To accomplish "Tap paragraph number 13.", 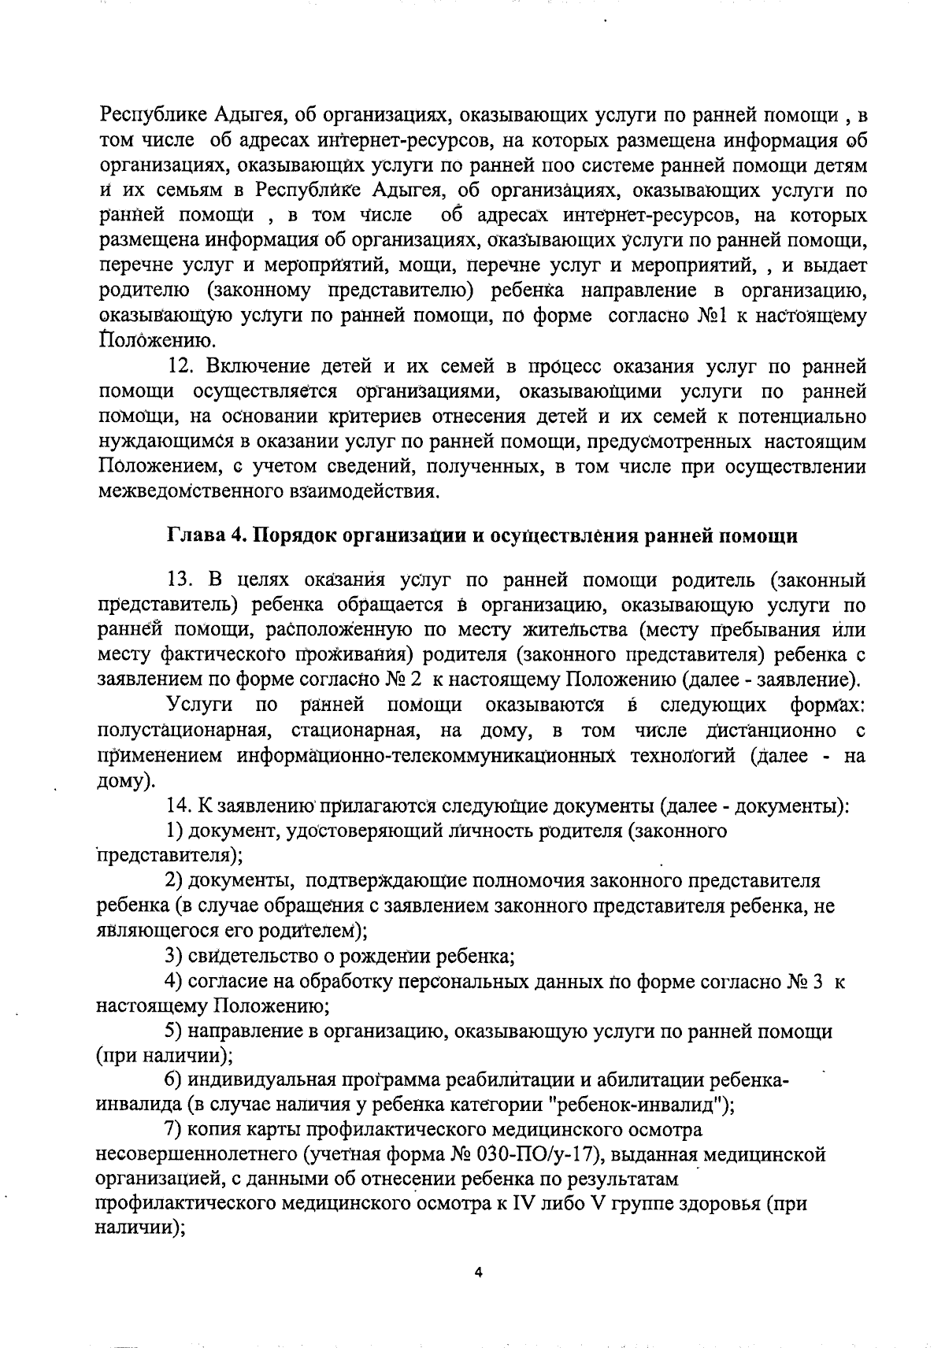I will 180,580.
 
